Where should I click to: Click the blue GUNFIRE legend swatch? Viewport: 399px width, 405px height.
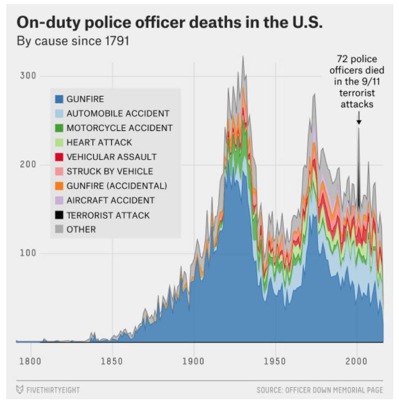pos(59,99)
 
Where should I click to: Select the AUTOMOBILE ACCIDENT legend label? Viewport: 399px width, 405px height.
pos(118,113)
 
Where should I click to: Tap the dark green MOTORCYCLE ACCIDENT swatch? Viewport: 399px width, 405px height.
pos(59,128)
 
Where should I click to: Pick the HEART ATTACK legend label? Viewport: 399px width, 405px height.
pos(99,142)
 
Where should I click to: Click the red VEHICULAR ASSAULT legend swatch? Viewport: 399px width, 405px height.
pos(59,157)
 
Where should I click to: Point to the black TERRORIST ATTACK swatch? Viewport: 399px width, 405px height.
pos(59,215)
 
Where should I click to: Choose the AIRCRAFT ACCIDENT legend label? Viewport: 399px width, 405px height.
pos(110,200)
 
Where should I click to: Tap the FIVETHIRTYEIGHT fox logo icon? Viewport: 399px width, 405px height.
pos(20,390)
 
